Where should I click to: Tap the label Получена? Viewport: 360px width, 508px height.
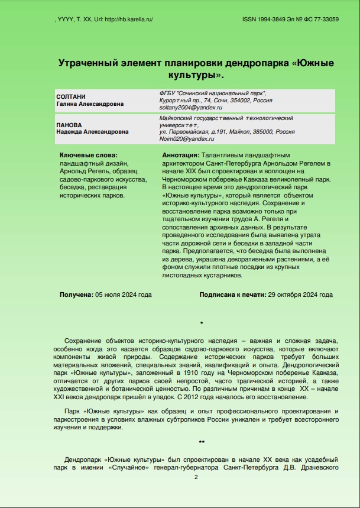[76, 294]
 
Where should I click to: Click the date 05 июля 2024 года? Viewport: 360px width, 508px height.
[124, 294]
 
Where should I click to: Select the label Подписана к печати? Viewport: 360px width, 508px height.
[232, 294]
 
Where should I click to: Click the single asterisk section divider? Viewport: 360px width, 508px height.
[202, 323]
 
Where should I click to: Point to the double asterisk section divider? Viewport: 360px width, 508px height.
[202, 442]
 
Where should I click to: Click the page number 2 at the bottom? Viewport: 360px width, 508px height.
[196, 477]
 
